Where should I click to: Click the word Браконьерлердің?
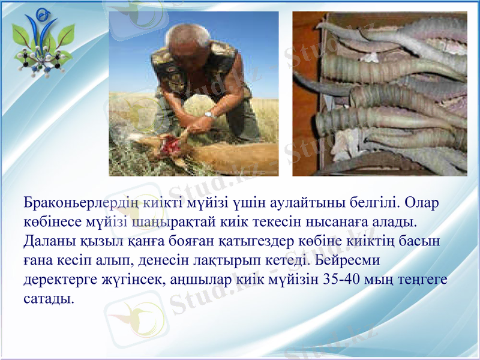[81, 202]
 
